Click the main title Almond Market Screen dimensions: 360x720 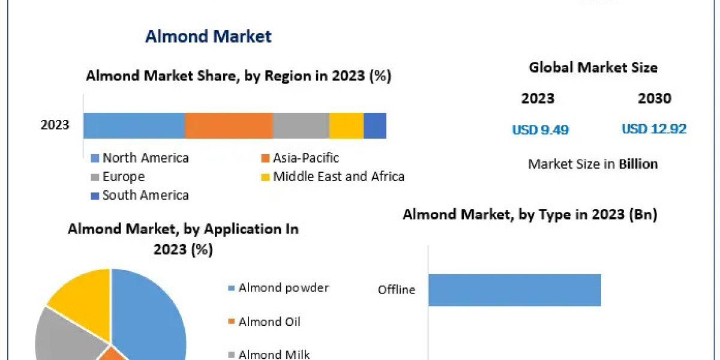click(208, 36)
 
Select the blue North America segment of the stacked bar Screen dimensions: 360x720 click(134, 125)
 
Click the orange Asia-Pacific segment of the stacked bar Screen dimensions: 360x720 click(229, 125)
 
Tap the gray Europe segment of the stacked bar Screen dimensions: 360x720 click(301, 125)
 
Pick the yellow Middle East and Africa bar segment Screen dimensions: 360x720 click(346, 125)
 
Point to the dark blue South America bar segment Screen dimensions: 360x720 click(375, 125)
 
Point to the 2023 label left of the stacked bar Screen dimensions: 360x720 click(55, 125)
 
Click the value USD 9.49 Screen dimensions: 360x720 click(540, 130)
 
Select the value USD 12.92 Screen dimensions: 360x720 click(654, 129)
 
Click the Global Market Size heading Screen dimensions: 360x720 click(593, 68)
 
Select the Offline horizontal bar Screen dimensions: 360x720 click(514, 290)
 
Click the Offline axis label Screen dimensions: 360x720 click(397, 290)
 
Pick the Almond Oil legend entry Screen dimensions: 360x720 click(269, 322)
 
